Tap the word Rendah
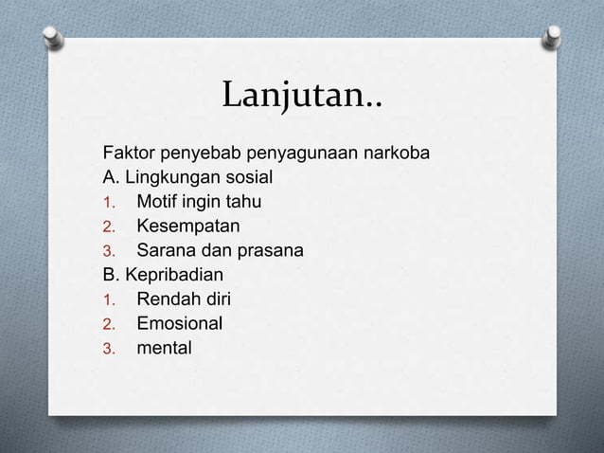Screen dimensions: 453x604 click(x=167, y=300)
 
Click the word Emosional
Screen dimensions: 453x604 click(x=181, y=324)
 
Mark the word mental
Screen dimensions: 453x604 click(x=164, y=349)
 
